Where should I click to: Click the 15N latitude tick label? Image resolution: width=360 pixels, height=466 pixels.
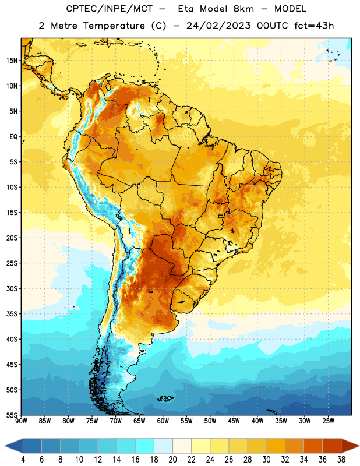[12, 61]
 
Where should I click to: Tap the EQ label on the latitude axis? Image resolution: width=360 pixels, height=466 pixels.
[13, 137]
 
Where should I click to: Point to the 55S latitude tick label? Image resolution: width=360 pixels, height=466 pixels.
[12, 415]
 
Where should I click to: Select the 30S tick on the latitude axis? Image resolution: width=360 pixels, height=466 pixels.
[12, 288]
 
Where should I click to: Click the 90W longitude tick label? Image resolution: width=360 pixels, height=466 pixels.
[21, 421]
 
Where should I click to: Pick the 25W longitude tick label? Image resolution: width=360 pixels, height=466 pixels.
[328, 421]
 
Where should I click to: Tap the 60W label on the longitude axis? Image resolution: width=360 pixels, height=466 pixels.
[163, 421]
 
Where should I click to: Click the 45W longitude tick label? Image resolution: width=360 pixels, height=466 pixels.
[234, 421]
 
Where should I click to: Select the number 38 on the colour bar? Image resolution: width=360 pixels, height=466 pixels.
[341, 460]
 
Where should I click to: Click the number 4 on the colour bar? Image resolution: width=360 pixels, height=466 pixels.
[23, 460]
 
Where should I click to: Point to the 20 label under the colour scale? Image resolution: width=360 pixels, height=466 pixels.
[172, 460]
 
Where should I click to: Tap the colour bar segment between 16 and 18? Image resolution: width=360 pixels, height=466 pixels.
[145, 446]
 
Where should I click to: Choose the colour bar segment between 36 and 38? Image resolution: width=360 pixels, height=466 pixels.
[332, 446]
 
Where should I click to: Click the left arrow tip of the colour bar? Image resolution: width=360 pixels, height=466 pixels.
[5, 446]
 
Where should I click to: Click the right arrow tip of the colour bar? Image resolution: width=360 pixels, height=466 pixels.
[359, 446]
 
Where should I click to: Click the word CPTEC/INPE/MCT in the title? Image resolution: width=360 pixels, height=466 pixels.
[110, 9]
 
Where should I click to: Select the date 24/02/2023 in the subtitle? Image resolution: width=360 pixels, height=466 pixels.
[218, 26]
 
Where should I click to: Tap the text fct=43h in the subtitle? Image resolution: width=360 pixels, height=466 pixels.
[314, 26]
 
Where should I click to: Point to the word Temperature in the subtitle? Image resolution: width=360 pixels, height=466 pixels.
[114, 26]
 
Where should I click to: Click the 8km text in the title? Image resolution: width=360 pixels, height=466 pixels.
[243, 9]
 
